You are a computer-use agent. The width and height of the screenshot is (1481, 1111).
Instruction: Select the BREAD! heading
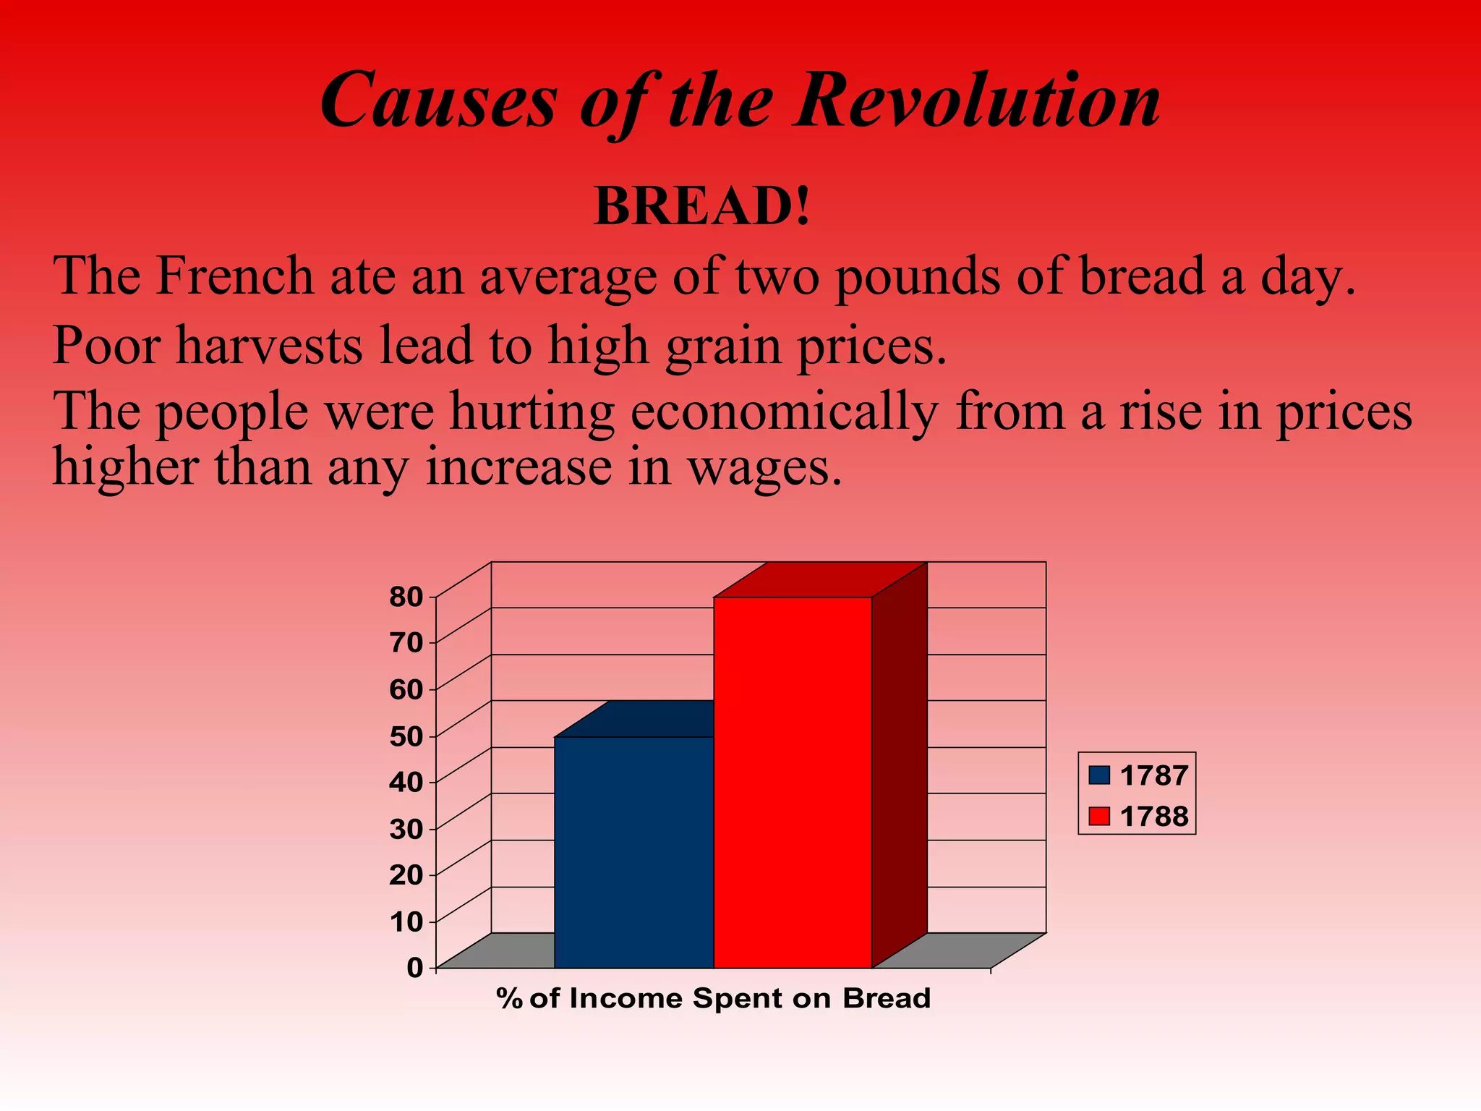click(x=702, y=207)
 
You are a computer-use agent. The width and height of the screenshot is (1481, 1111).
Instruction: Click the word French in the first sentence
click(x=234, y=276)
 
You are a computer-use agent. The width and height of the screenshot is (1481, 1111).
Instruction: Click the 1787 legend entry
click(x=1139, y=775)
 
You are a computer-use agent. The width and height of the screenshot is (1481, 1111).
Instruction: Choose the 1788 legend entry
click(x=1139, y=817)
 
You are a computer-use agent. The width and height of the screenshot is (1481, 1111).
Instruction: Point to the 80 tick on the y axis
click(x=406, y=597)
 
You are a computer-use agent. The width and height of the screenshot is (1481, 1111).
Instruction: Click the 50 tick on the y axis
click(x=406, y=736)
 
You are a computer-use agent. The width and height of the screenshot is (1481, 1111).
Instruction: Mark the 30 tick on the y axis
click(x=406, y=829)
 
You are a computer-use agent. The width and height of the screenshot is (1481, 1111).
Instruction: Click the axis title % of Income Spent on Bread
click(x=713, y=999)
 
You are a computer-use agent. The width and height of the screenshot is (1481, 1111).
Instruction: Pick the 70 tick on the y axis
click(x=406, y=643)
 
